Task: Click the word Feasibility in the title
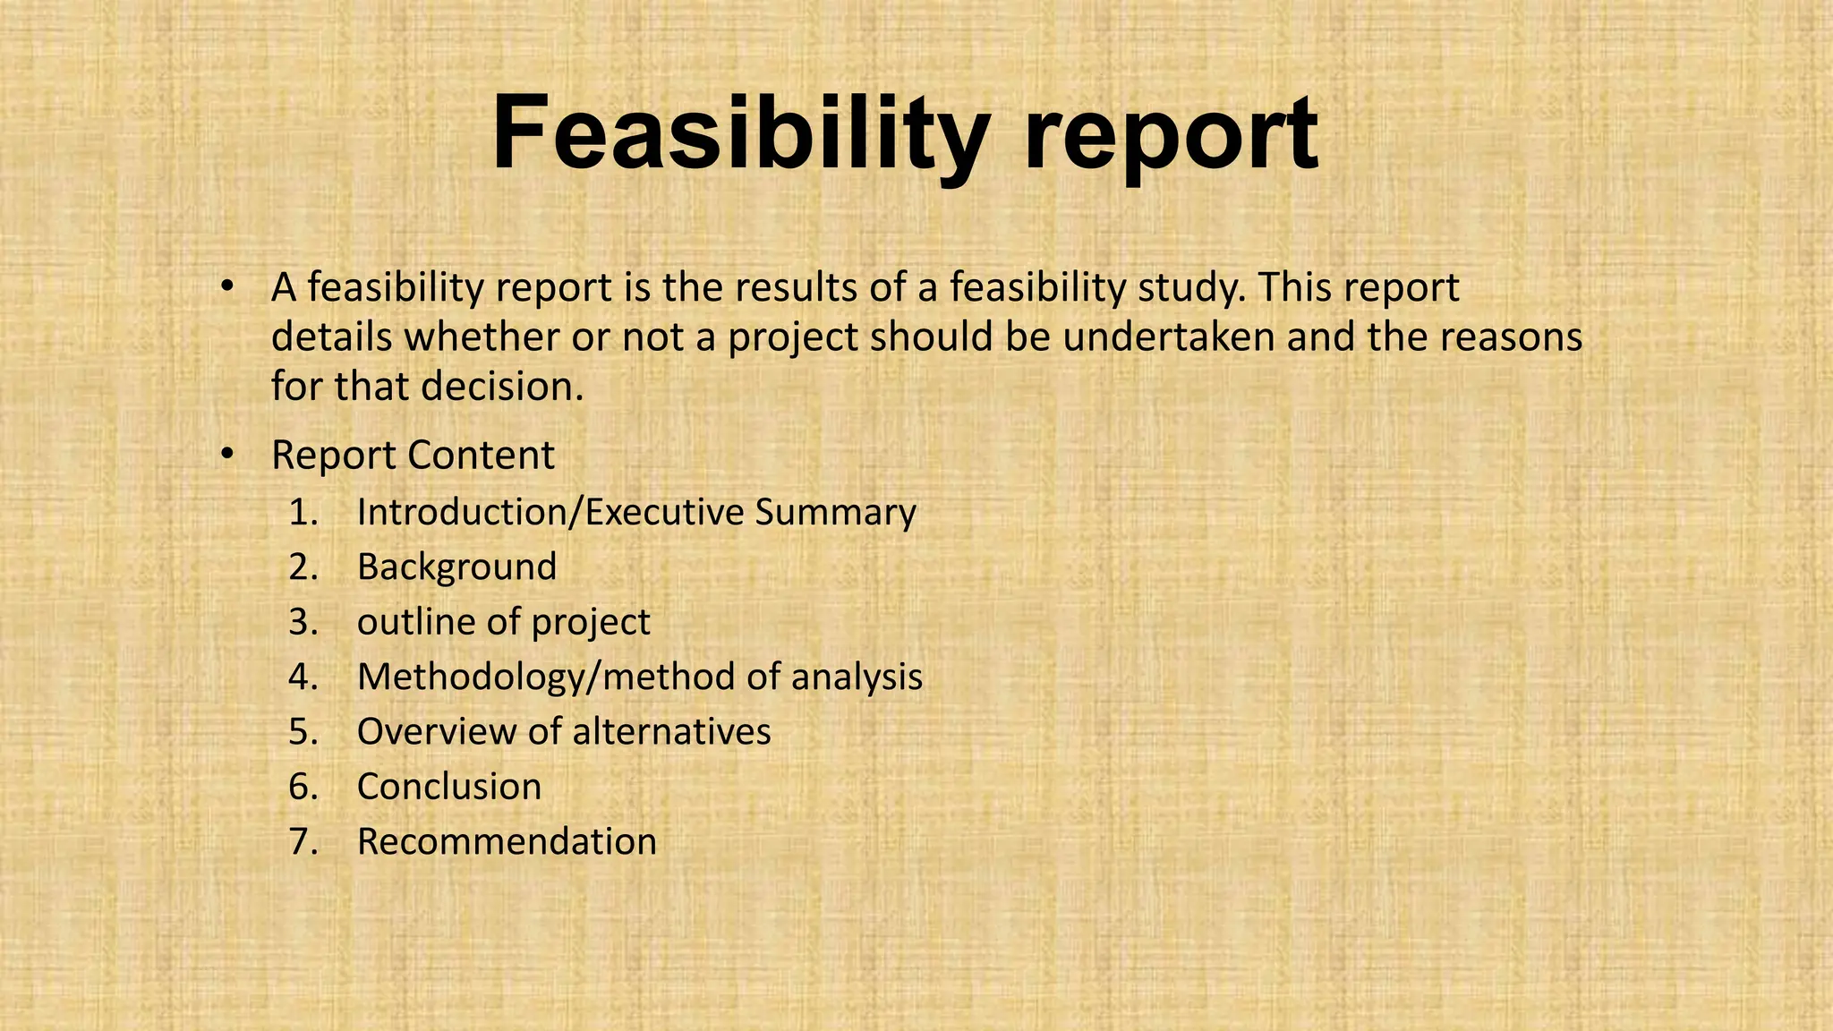[739, 134]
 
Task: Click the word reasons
[1511, 337]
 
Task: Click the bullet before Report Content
[227, 454]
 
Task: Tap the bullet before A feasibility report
[227, 287]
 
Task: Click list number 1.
[303, 512]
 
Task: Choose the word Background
[456, 567]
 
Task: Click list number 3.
[303, 622]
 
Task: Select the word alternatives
[671, 732]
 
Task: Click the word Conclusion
[449, 787]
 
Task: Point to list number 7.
[303, 842]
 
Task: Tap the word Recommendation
[507, 842]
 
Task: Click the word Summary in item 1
[835, 513]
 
